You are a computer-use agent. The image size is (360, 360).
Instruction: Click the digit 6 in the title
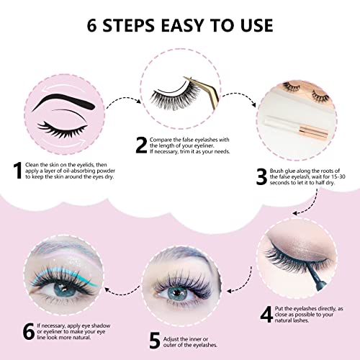point(91,27)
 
